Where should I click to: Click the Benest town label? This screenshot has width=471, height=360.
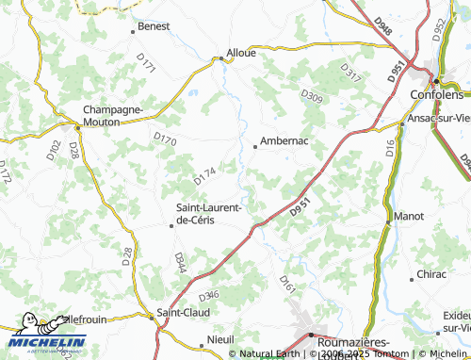point(154,26)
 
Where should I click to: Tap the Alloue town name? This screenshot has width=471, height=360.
point(240,53)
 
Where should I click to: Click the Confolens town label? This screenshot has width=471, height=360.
point(438,96)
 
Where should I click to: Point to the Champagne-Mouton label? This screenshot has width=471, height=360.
point(113,115)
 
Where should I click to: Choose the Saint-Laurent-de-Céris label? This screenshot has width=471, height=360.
point(209,213)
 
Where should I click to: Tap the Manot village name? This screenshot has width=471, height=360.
point(411,216)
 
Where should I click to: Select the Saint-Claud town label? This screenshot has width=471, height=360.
point(183,312)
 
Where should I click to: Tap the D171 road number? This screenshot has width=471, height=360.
point(145,64)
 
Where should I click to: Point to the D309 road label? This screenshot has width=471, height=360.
point(311,95)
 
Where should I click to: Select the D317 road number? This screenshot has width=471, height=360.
point(349,72)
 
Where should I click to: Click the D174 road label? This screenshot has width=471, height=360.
point(204,175)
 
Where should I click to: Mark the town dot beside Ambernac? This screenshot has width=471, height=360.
point(255,146)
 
